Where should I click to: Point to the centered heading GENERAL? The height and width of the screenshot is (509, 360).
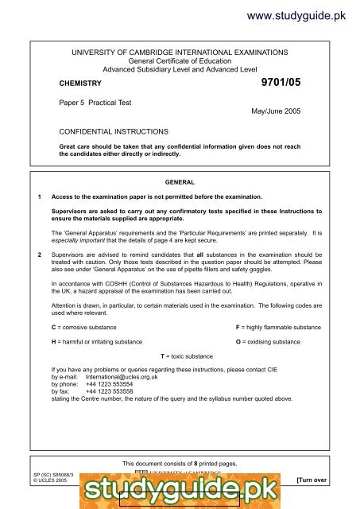179,181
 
